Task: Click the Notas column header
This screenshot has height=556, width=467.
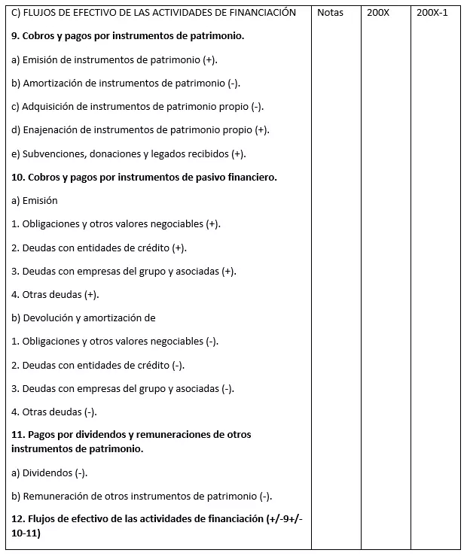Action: [x=330, y=13]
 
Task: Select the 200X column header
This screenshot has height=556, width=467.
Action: [x=378, y=13]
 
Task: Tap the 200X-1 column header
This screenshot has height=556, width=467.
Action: [x=432, y=13]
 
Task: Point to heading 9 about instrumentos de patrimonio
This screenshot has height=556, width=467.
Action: [x=128, y=35]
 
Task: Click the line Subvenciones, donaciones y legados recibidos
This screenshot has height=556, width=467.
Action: [x=129, y=153]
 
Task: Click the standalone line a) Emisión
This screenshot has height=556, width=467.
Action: [x=35, y=200]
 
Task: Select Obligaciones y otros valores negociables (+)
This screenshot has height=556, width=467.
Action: [x=117, y=224]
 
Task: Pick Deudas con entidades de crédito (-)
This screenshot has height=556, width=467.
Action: [x=99, y=365]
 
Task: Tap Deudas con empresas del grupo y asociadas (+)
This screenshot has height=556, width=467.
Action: [x=124, y=271]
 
